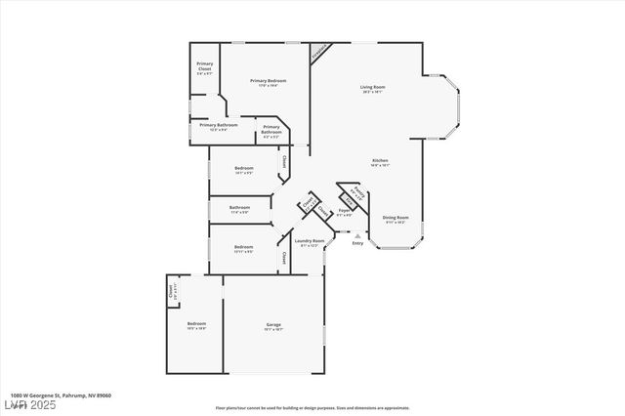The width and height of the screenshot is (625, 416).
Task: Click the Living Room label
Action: pyautogui.click(x=372, y=87)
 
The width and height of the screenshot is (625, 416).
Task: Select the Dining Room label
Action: pyautogui.click(x=396, y=218)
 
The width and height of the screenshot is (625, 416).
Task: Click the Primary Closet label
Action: pyautogui.click(x=205, y=67)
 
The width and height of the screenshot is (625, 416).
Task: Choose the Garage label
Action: pyautogui.click(x=273, y=324)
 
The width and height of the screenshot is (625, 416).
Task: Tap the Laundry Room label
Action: pyautogui.click(x=312, y=241)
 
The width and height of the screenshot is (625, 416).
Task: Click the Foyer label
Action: pyautogui.click(x=345, y=211)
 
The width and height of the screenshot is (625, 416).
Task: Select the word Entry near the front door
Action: pyautogui.click(x=357, y=244)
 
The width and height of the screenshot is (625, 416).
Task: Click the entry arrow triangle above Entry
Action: pyautogui.click(x=357, y=235)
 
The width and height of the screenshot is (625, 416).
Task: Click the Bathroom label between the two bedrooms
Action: pyautogui.click(x=240, y=207)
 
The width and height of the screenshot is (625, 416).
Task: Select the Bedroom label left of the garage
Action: pyautogui.click(x=196, y=324)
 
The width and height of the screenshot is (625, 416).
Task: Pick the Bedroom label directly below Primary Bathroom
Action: pyautogui.click(x=244, y=168)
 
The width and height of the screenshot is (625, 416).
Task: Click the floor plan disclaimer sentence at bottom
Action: pyautogui.click(x=312, y=408)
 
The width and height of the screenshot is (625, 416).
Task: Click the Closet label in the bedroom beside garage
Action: pyautogui.click(x=173, y=289)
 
